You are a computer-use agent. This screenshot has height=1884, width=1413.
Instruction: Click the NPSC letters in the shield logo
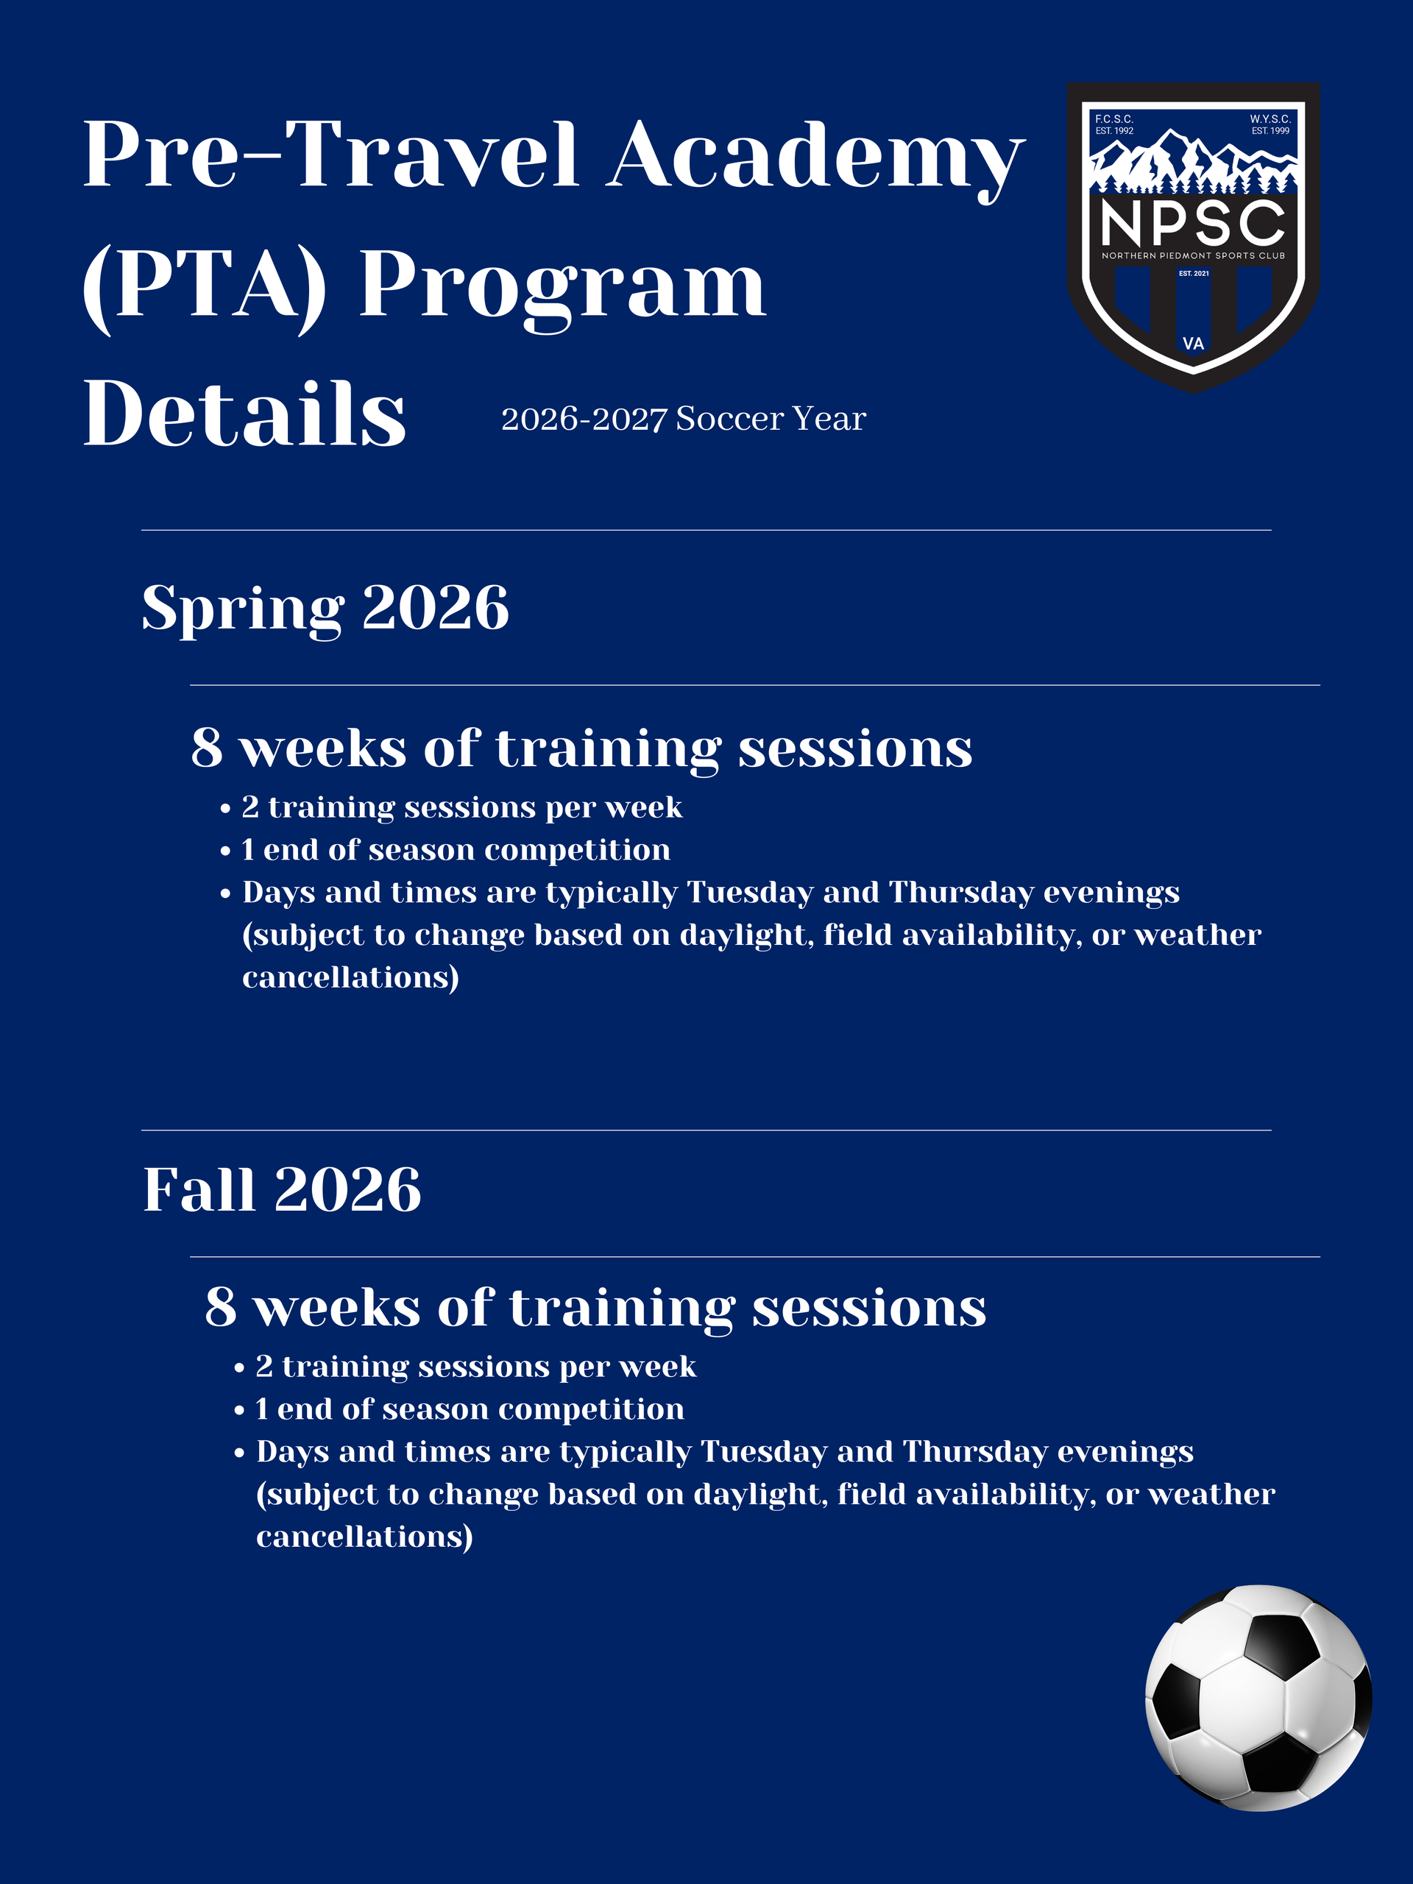click(x=1192, y=223)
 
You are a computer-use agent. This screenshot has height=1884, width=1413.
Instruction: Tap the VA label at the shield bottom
click(x=1193, y=343)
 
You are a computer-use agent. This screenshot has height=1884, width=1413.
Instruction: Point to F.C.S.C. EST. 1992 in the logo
click(x=1114, y=124)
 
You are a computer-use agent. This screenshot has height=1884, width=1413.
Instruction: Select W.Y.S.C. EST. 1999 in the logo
click(x=1270, y=124)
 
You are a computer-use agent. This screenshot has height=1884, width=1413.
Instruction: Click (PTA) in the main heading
click(x=205, y=286)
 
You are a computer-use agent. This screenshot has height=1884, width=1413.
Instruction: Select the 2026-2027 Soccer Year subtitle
click(x=683, y=419)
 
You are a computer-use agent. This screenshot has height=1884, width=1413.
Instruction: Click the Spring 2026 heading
click(x=325, y=608)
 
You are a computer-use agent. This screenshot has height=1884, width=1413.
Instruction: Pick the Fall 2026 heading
click(x=282, y=1190)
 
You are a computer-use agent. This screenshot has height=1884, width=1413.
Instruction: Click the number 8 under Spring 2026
click(x=207, y=748)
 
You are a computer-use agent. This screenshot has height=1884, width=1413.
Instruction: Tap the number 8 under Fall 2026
click(x=221, y=1307)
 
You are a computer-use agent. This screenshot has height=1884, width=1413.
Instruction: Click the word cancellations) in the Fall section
click(x=364, y=1537)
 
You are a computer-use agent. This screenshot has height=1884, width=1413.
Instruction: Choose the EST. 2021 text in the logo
click(x=1193, y=274)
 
